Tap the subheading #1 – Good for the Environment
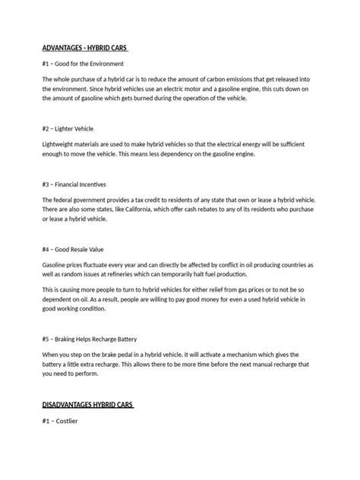[x=83, y=64]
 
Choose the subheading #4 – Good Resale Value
[x=74, y=248]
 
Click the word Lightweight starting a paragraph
[x=59, y=144]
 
